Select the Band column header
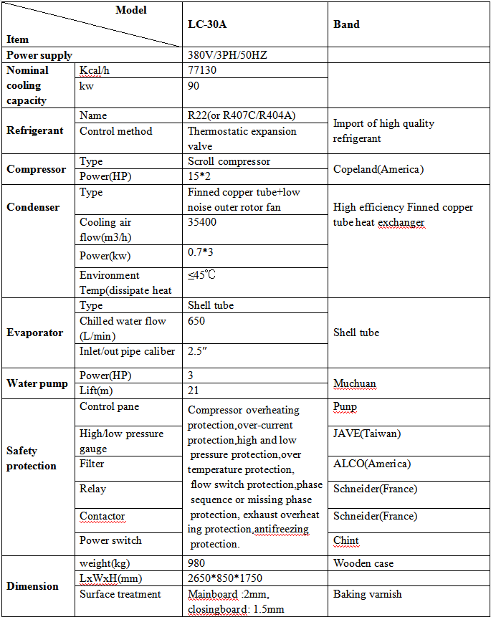[346, 24]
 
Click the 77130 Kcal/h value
[202, 70]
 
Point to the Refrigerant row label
[35, 130]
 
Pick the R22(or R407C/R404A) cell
[242, 115]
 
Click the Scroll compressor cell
[229, 161]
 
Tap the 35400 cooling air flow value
[202, 222]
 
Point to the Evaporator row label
[35, 333]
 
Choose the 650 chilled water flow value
[197, 321]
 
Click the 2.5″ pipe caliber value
[199, 351]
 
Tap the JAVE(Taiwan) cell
[367, 434]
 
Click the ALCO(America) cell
[372, 464]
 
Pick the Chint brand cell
[346, 540]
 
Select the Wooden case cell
[363, 563]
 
